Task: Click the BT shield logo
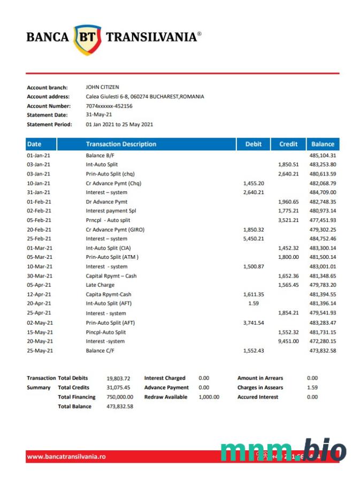(x=87, y=39)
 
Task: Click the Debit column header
(x=254, y=144)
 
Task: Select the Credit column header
(x=288, y=144)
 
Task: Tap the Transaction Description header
(x=121, y=144)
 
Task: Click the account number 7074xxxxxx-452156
(x=109, y=106)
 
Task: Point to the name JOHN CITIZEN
(x=102, y=87)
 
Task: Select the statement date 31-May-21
(x=99, y=115)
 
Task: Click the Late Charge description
(x=100, y=285)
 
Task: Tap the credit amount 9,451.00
(x=288, y=341)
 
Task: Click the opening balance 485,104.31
(x=323, y=156)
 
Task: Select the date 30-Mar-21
(x=39, y=276)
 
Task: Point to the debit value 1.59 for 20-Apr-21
(x=254, y=304)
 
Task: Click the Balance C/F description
(x=103, y=350)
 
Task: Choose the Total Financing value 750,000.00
(x=120, y=397)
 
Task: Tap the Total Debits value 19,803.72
(x=119, y=378)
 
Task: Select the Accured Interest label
(x=257, y=397)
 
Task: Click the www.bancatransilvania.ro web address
(x=66, y=456)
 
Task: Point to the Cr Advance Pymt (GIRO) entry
(x=115, y=229)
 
